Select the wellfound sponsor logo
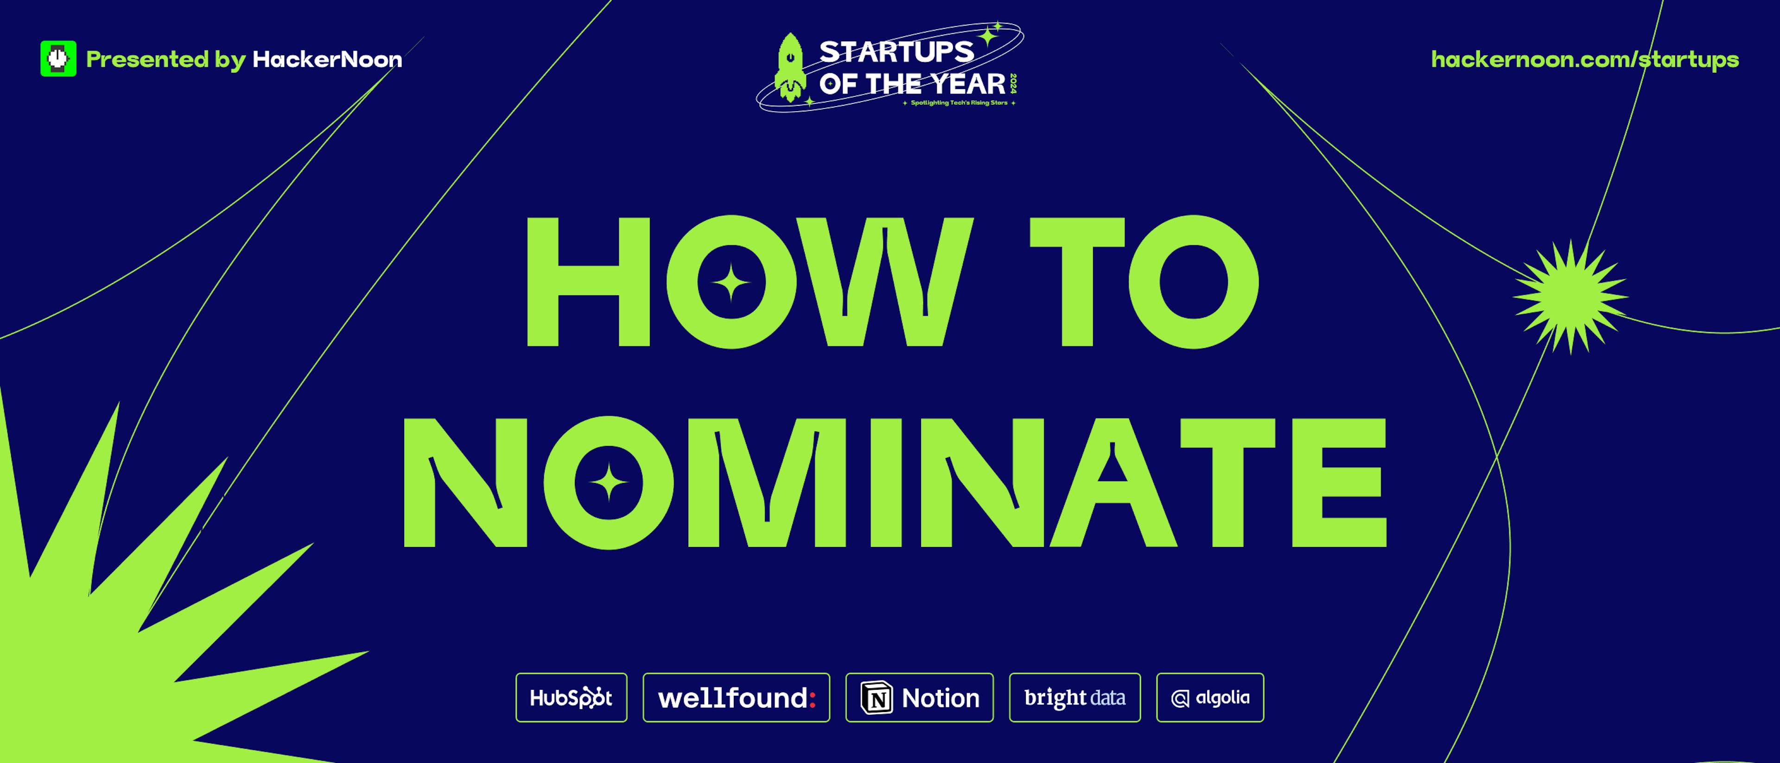point(737,697)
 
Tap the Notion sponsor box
point(920,697)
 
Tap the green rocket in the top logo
point(790,68)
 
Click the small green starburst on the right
point(1570,297)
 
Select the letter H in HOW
point(589,281)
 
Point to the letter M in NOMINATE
point(767,483)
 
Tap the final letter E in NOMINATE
point(1339,483)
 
